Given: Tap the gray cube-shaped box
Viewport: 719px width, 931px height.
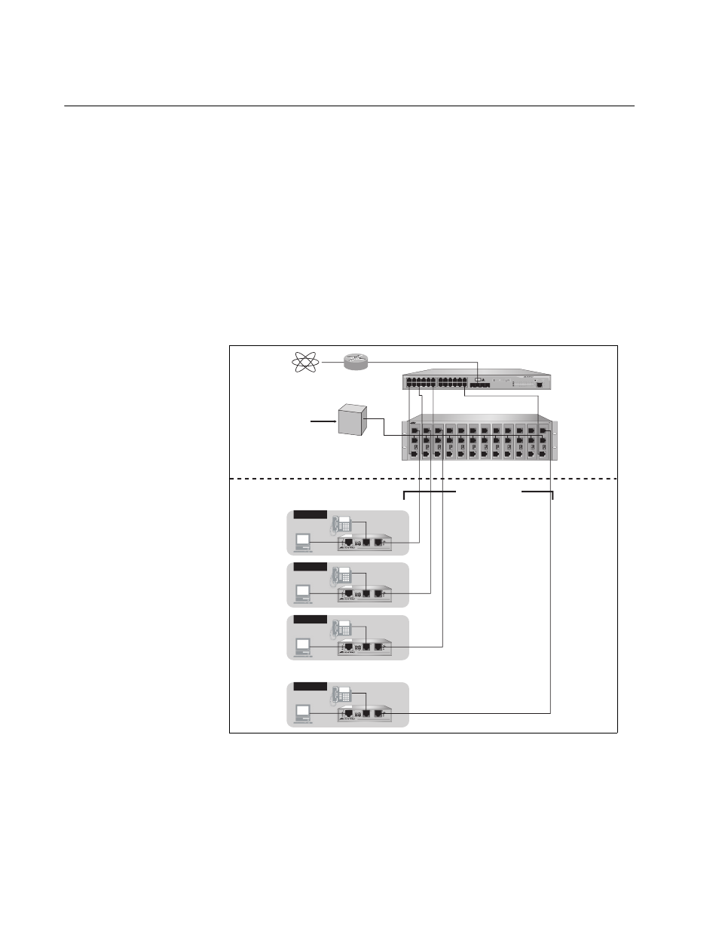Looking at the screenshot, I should pyautogui.click(x=352, y=419).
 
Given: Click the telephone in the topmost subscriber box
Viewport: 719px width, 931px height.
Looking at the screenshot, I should pyautogui.click(x=341, y=523).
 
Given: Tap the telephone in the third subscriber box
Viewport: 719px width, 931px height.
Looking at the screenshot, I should pyautogui.click(x=341, y=628).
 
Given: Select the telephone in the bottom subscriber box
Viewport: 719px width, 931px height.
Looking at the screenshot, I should pyautogui.click(x=341, y=696).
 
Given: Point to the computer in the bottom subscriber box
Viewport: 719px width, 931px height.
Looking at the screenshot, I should pyautogui.click(x=303, y=714).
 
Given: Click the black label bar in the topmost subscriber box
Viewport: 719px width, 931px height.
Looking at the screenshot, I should pyautogui.click(x=310, y=515).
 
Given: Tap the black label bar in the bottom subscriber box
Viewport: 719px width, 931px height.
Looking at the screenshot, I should pyautogui.click(x=310, y=687).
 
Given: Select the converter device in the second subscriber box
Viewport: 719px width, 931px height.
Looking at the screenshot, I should pyautogui.click(x=365, y=593).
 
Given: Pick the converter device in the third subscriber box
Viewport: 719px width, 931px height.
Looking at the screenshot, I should pyautogui.click(x=365, y=646).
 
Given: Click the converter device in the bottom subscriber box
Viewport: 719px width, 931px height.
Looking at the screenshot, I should pyautogui.click(x=365, y=713).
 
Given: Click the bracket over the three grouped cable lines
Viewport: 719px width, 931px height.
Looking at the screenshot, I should pyautogui.click(x=430, y=492).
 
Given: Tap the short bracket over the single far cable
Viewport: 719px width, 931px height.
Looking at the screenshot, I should pyautogui.click(x=538, y=492).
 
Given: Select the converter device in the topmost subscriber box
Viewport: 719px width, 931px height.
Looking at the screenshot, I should pyautogui.click(x=365, y=541).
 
